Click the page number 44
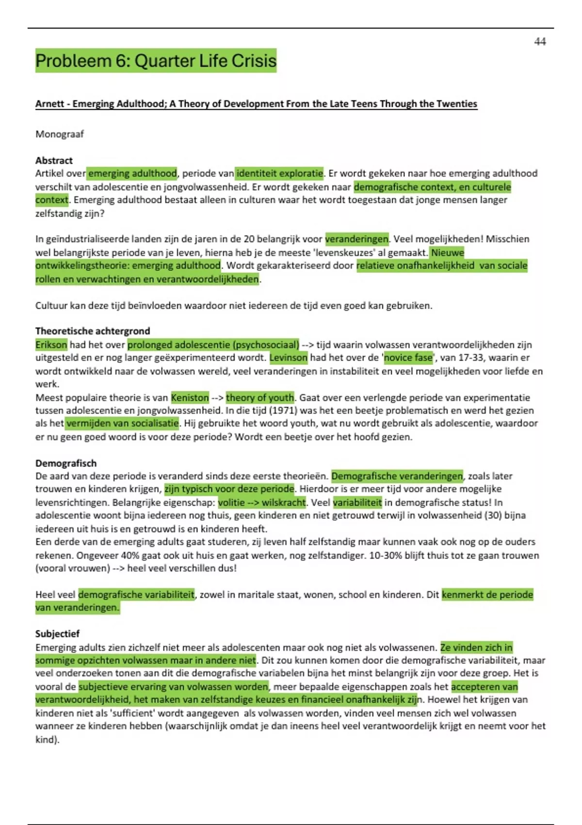[x=540, y=42]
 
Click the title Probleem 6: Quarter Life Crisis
[x=156, y=61]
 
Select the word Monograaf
[x=59, y=134]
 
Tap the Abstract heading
[x=54, y=160]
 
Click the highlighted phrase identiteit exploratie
[x=279, y=173]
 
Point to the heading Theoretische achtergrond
[x=93, y=331]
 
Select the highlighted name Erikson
[x=51, y=345]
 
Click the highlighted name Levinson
[x=289, y=358]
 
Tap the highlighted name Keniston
[x=190, y=397]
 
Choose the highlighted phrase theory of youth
[x=260, y=397]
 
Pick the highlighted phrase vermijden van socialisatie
[x=122, y=423]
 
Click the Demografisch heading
[x=66, y=463]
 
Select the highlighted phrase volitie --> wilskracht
[x=262, y=502]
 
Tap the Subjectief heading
[x=57, y=634]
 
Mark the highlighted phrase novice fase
[x=408, y=358]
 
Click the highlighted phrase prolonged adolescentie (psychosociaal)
[x=213, y=345]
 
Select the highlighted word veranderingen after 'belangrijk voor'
[x=357, y=239]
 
